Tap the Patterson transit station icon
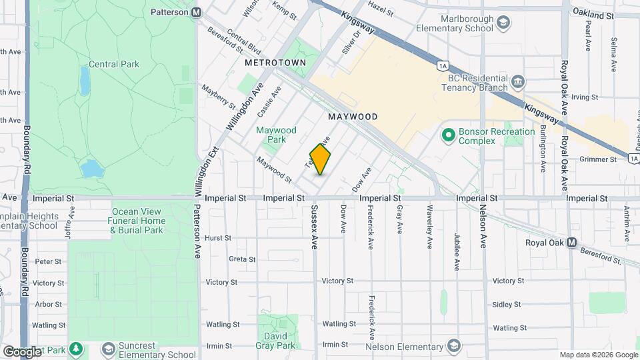(196, 12)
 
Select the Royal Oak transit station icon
(571, 243)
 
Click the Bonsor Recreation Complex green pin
(448, 136)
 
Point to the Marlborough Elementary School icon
(504, 23)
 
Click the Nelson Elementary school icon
(454, 346)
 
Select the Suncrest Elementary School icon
(107, 349)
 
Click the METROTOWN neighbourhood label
(275, 62)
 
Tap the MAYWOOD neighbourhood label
(353, 117)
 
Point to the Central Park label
(114, 65)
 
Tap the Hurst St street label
(217, 237)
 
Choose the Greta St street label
(241, 259)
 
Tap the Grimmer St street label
(598, 159)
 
